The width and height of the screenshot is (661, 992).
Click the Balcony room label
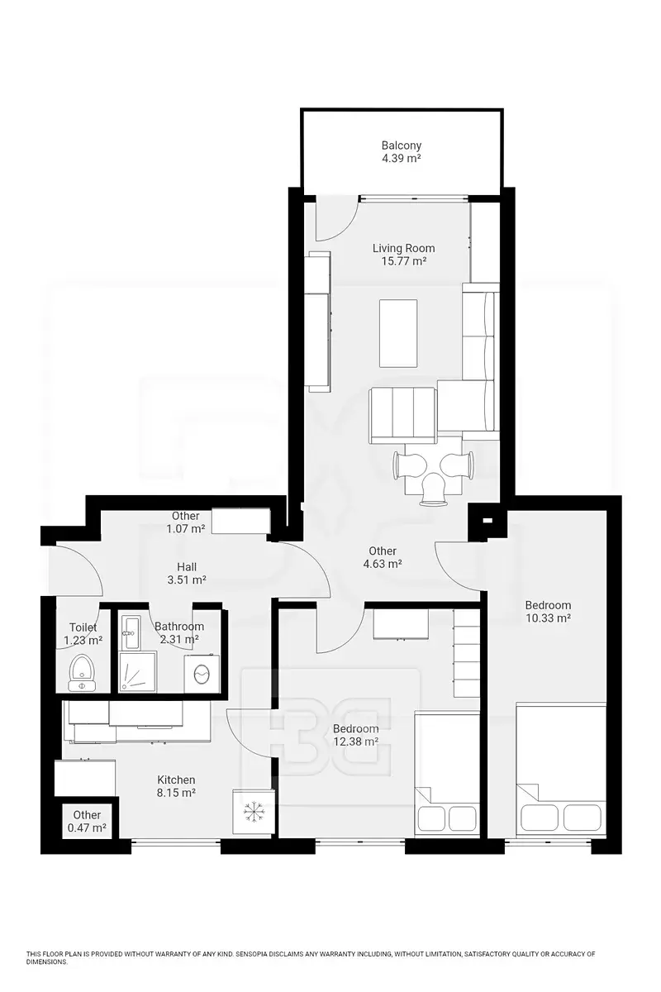(401, 151)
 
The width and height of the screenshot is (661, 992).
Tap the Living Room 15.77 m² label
(403, 255)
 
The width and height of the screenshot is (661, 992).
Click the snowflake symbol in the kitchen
(253, 811)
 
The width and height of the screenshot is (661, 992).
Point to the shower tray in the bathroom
(138, 671)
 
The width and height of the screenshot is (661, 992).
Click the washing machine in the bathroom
(202, 673)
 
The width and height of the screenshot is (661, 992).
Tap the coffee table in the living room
(398, 333)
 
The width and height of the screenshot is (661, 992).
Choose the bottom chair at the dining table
(434, 489)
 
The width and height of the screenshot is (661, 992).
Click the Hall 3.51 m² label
(187, 573)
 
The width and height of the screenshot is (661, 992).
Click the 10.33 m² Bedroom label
(548, 611)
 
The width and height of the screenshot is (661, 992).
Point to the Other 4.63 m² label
(383, 557)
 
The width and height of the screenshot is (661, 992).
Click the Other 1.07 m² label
(186, 522)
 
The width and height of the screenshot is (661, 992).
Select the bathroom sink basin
(131, 631)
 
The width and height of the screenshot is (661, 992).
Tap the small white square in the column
(487, 519)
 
